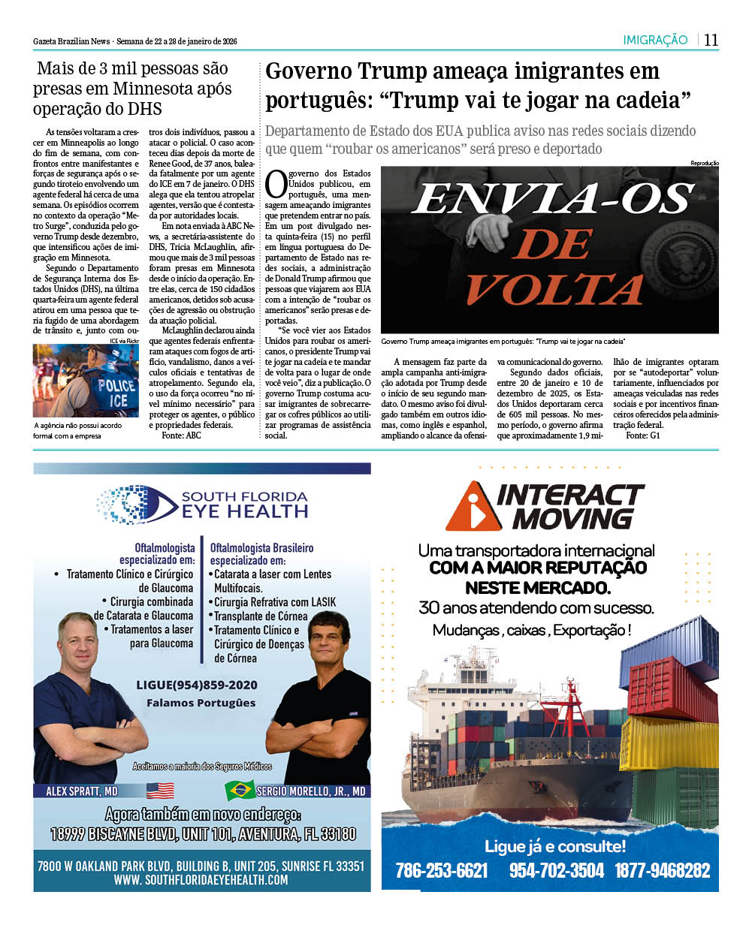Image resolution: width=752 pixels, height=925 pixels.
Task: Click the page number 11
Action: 711,40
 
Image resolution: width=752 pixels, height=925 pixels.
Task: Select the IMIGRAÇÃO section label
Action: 655,40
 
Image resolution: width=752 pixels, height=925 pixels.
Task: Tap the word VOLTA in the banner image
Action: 550,284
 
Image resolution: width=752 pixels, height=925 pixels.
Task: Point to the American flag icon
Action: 160,791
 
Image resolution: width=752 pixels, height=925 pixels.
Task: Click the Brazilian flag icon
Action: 240,791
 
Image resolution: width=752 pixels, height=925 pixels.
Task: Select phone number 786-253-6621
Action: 442,870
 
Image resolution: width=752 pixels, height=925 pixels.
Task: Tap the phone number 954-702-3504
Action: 556,870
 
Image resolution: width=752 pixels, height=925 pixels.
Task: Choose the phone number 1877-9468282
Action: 662,870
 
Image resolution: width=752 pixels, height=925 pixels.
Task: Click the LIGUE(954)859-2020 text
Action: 197,685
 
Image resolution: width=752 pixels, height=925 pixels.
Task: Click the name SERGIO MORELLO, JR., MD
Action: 311,791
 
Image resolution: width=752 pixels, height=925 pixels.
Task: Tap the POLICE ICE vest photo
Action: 86,381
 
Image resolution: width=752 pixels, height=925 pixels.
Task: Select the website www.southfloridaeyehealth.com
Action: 201,879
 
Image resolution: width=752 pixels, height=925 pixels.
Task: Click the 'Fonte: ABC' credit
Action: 181,435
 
